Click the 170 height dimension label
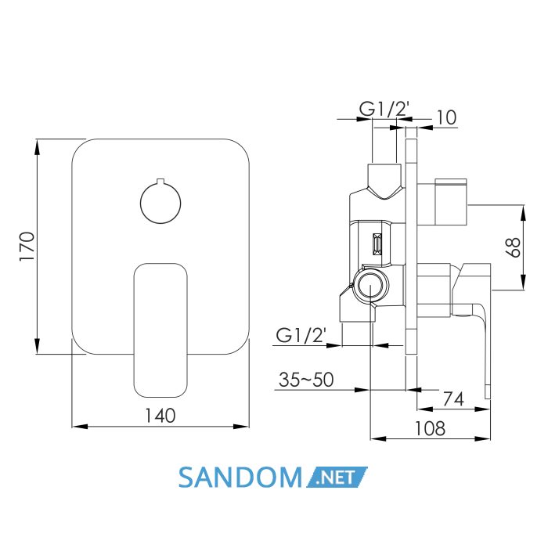[27, 246]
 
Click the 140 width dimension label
[160, 416]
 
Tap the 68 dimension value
[514, 247]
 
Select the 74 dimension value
[453, 398]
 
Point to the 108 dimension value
[430, 428]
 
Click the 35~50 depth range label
[306, 380]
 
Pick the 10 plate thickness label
[446, 117]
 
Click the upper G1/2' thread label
[384, 108]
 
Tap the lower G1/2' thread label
[301, 335]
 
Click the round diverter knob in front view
[160, 203]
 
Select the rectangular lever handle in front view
[160, 330]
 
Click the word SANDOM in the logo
[240, 478]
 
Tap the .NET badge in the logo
[337, 477]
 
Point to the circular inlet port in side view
[370, 285]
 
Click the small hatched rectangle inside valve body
[377, 244]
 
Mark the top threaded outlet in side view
[384, 181]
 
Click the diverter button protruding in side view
[451, 202]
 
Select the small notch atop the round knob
[160, 181]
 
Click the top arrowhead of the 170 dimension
[37, 147]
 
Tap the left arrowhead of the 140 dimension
[80, 427]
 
